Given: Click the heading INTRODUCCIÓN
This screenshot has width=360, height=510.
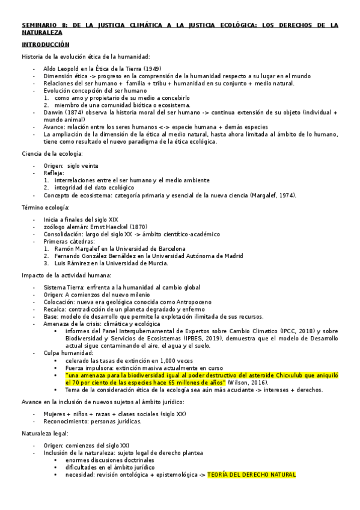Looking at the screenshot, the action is click(x=46, y=45).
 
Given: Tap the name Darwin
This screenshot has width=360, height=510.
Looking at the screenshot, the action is click(x=54, y=112).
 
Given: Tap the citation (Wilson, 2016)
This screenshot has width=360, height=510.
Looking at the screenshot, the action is click(x=248, y=382).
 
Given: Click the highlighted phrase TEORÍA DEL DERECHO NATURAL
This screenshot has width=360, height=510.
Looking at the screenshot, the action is click(x=251, y=475).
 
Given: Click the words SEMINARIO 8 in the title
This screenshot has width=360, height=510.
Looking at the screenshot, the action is click(x=41, y=25).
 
